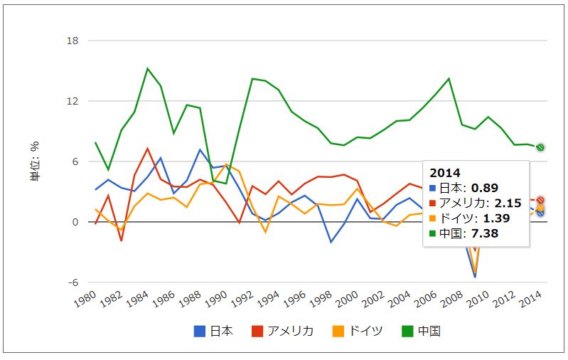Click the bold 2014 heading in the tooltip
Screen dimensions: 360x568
(444, 173)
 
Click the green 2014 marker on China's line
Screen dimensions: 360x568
(540, 147)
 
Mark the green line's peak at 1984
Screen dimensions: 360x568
(147, 68)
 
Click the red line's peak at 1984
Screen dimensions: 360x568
(147, 149)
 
